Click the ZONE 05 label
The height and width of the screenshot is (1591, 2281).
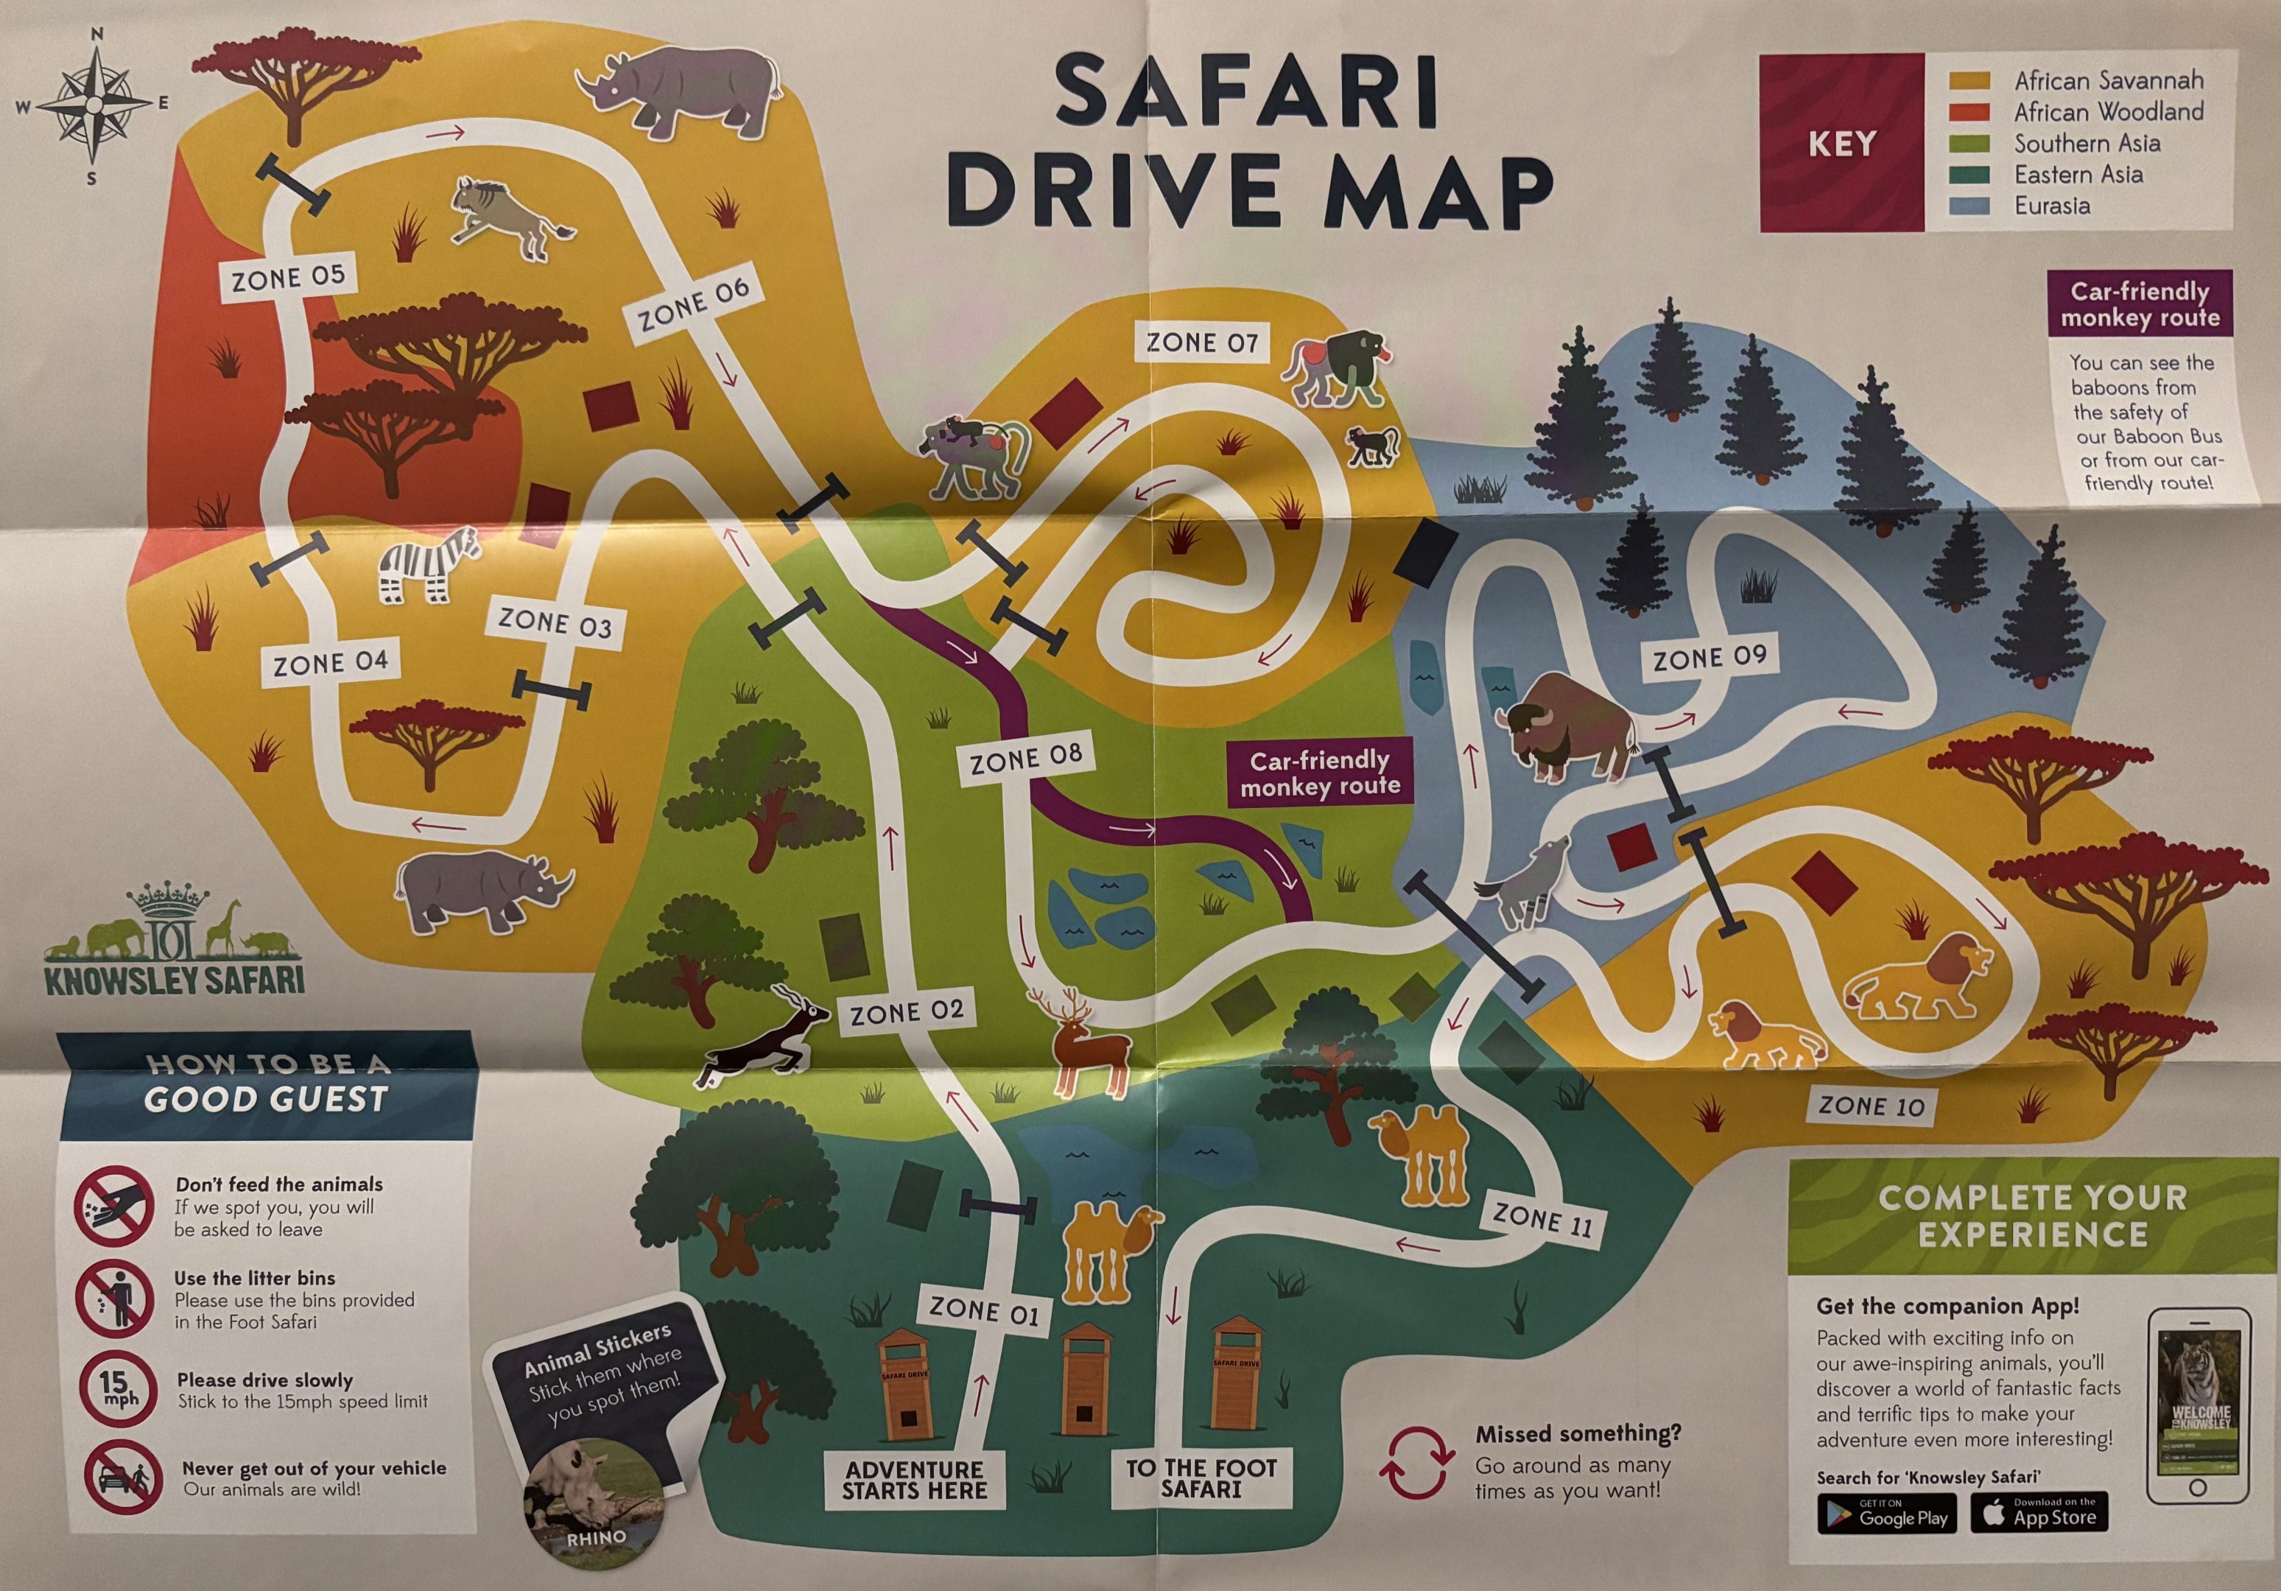(x=288, y=278)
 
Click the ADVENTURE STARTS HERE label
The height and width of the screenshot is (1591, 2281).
(x=914, y=1480)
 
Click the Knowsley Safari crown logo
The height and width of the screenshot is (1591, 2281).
(x=175, y=939)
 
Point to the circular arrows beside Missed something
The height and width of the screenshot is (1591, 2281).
(x=1415, y=1462)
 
